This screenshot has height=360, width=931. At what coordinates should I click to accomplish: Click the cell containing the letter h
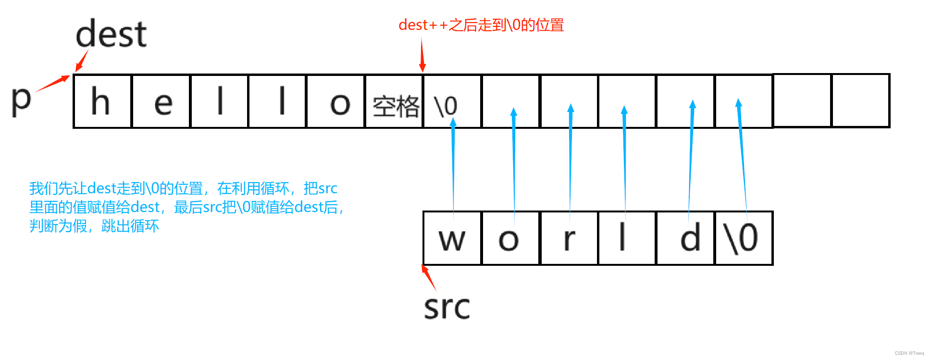[102, 101]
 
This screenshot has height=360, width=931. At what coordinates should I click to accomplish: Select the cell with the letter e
[161, 101]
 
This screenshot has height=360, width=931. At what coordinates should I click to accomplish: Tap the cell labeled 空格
[394, 101]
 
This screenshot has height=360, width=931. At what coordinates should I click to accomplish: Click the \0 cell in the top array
[452, 101]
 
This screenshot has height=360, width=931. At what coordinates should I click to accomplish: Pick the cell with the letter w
[452, 238]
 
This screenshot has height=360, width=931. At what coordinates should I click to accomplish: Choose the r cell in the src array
[569, 238]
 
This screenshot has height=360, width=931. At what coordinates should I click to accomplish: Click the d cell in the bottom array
[686, 238]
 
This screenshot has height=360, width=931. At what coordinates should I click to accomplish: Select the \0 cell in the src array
[744, 238]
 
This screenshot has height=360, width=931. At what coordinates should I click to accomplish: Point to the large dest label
[111, 34]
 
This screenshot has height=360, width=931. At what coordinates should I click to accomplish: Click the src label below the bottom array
[447, 307]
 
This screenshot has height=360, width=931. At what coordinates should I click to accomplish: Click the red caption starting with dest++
[481, 25]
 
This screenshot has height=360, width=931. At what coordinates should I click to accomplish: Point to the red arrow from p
[52, 84]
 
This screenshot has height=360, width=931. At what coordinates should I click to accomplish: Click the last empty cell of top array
[860, 100]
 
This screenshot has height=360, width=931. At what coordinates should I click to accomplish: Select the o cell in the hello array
[336, 101]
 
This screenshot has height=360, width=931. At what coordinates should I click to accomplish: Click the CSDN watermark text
[909, 353]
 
